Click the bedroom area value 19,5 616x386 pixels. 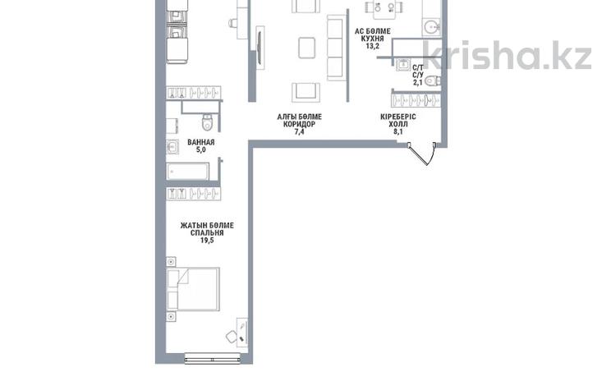[207, 241]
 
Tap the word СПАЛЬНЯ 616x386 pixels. [207, 233]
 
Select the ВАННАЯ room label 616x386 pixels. [200, 142]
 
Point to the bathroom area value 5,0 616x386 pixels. [200, 149]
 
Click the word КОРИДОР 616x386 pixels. [299, 124]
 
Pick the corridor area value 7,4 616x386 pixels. [299, 131]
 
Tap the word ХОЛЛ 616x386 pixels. [398, 124]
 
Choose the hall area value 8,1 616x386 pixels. [398, 131]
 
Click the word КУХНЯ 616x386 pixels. [372, 39]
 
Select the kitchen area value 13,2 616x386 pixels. [372, 46]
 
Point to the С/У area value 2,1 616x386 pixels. [417, 82]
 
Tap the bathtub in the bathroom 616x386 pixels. [187, 172]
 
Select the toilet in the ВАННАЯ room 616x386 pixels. [207, 122]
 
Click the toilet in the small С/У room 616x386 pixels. [433, 80]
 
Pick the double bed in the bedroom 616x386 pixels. [193, 289]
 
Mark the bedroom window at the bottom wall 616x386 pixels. [212, 359]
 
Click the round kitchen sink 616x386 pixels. [432, 27]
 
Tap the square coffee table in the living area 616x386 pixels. [306, 48]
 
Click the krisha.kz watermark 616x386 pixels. [508, 55]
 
